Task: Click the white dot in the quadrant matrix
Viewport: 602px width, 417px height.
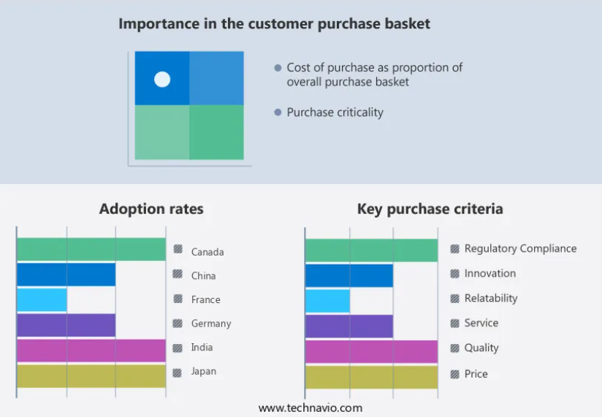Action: coord(162,79)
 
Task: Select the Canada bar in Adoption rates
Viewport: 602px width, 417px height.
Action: coord(91,249)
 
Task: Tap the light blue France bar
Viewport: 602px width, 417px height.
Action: coord(42,299)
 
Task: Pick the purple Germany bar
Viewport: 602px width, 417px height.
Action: coord(66,325)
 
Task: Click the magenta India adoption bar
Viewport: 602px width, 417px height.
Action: coord(91,351)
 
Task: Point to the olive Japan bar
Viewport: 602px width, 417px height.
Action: coord(91,375)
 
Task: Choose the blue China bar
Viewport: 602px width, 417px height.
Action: coord(66,275)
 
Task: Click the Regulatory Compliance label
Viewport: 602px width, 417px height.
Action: coord(520,249)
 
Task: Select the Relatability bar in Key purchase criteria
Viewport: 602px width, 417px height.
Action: coord(327,301)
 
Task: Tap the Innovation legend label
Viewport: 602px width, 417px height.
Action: coord(489,274)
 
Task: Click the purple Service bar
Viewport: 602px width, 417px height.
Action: coord(348,326)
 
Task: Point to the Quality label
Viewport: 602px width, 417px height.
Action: coord(481,348)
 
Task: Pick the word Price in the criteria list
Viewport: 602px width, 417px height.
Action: coord(476,374)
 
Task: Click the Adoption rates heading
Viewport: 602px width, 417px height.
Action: coord(151,210)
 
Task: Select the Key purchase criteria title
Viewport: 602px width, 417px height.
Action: coord(430,210)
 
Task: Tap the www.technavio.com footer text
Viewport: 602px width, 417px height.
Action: coord(310,408)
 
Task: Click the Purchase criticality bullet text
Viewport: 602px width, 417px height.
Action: coord(335,112)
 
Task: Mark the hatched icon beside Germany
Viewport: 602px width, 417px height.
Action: coord(178,323)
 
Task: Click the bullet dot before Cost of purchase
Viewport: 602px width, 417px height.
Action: coord(278,68)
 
